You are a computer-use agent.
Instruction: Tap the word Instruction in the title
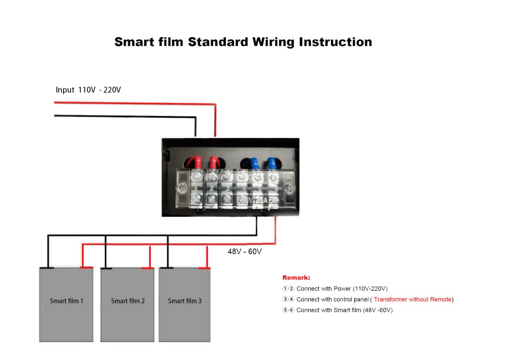tap(336, 42)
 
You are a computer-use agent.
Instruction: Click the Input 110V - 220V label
tap(88, 90)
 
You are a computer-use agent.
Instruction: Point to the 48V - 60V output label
tap(245, 252)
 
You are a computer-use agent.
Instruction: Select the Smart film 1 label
tap(66, 301)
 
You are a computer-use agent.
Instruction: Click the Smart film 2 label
tap(128, 301)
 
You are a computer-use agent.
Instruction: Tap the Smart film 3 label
tap(185, 301)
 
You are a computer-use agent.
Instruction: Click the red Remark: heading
tap(296, 278)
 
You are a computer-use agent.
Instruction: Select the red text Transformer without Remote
tap(412, 299)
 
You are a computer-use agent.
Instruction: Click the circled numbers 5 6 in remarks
tap(288, 310)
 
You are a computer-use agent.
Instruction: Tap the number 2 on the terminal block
tap(212, 189)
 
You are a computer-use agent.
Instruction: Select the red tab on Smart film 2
tap(148, 268)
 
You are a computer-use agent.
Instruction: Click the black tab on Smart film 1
tap(47, 268)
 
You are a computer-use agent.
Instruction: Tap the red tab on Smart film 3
tap(204, 268)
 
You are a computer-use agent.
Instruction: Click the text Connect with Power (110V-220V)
tap(342, 289)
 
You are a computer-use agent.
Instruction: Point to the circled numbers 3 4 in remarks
tap(288, 299)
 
